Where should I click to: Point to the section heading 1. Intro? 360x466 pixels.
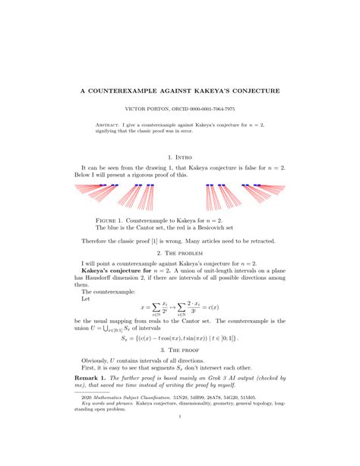pos(179,157)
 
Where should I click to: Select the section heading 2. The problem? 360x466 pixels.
pos(179,252)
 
